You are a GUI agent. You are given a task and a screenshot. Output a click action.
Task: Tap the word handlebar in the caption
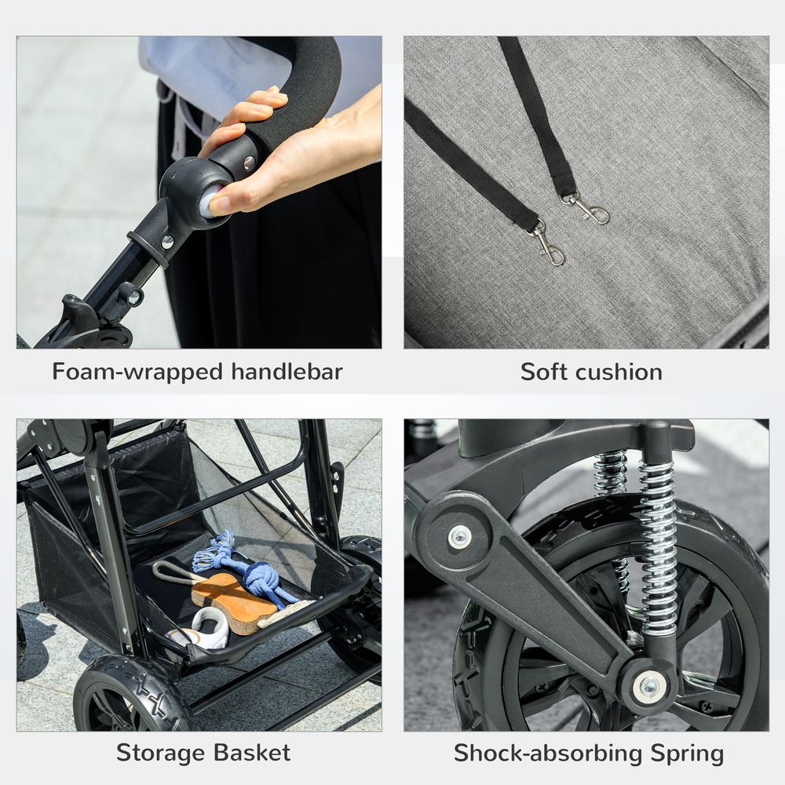point(287,371)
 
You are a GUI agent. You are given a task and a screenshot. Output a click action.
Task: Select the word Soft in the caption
point(545,371)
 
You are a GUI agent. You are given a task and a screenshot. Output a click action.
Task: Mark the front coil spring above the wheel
point(658,542)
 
